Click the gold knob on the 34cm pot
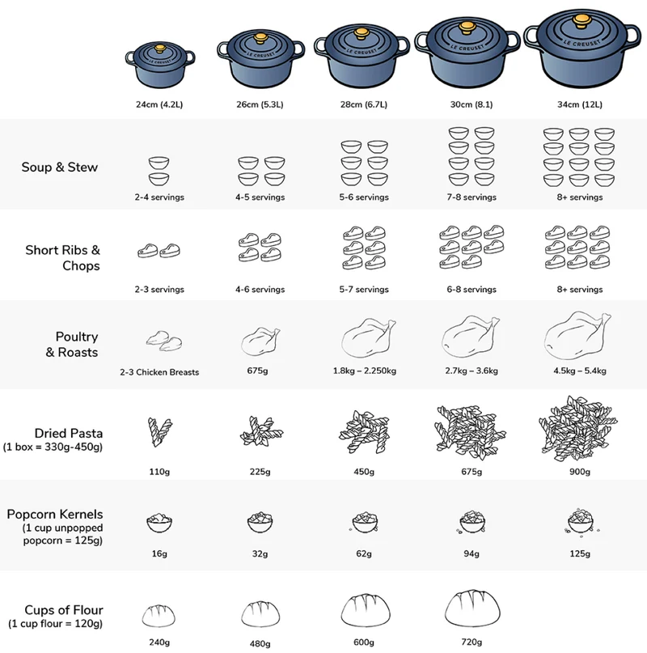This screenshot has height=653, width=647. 581,22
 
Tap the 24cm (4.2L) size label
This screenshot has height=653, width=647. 159,104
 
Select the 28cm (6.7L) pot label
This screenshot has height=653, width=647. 364,104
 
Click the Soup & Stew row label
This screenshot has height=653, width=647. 60,167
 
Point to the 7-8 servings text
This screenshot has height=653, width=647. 472,197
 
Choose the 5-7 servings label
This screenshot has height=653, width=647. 364,289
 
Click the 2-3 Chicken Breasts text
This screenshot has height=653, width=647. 159,372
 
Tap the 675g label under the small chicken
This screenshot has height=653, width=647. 257,371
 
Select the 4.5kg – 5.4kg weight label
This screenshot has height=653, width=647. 580,371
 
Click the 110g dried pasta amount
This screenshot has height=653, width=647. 159,472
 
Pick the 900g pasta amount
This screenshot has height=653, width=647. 580,472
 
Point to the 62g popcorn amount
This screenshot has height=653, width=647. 364,553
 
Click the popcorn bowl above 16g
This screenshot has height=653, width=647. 159,523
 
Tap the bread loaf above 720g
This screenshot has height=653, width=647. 472,608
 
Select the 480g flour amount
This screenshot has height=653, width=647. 260,644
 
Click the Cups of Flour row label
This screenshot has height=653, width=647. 64,610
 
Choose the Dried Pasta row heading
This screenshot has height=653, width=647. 69,433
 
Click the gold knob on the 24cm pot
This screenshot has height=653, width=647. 160,49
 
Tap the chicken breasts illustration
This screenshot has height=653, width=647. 164,341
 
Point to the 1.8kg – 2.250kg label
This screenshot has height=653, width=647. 365,371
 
